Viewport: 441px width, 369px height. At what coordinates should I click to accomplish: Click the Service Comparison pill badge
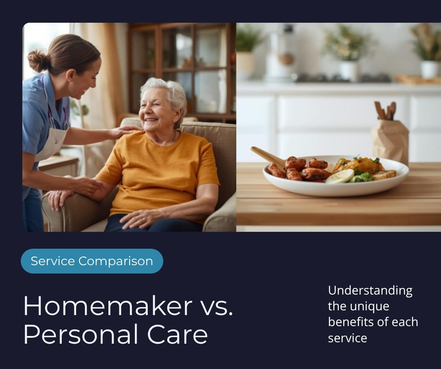coord(92,261)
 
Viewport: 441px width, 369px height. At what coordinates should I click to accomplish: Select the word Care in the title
coord(178,335)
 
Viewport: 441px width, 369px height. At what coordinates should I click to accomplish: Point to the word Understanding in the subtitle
coord(370,291)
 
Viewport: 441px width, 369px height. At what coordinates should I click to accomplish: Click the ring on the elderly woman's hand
coord(144,219)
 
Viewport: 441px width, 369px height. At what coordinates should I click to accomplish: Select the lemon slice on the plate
coord(340,176)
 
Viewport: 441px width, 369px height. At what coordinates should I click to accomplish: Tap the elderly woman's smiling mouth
coord(151,120)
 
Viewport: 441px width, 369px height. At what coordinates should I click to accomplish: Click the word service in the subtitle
coord(348,339)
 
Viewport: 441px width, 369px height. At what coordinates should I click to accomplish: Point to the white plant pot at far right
coord(429,69)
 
